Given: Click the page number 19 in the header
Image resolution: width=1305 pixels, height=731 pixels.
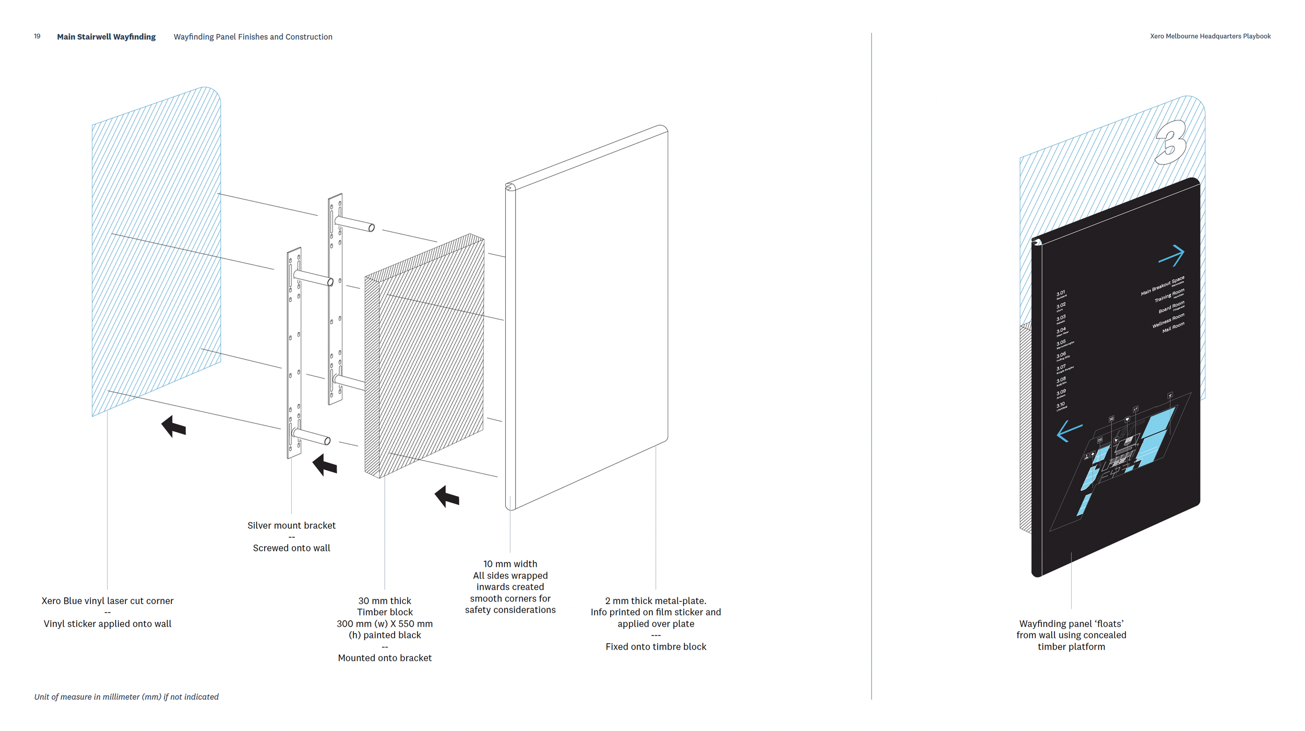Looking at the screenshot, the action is pos(37,37).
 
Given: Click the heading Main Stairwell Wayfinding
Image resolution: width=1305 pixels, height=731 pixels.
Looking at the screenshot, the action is pos(106,37).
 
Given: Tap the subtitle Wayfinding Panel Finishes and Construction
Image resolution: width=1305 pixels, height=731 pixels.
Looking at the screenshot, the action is pos(253,37).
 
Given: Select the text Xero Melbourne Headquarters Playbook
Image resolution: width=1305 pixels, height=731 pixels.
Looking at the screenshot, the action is pos(1210,36).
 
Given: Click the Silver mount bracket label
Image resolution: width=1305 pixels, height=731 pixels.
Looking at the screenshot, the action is pos(291,525).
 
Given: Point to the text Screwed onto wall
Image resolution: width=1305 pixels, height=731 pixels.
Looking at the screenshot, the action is pos(291,548).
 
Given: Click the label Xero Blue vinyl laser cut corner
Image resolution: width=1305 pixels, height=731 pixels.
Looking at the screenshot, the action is pos(108,600).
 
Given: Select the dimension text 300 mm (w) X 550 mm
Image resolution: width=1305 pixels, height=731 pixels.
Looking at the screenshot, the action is pos(385,623).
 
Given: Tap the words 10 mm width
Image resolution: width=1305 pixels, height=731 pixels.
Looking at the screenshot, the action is pos(510,564).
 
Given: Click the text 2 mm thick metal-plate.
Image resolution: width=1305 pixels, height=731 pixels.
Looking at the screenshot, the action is pos(656,600).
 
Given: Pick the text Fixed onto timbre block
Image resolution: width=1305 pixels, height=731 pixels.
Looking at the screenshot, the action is pos(656,646).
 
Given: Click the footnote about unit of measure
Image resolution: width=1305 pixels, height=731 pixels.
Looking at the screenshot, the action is pos(126,697).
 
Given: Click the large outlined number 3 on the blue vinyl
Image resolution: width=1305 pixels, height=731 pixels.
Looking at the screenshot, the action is pos(1171,143).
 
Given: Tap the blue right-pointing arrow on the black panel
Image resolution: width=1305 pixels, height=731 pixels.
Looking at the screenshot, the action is pos(1172,255).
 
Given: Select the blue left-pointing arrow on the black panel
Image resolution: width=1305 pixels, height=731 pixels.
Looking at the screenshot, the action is pos(1069,431).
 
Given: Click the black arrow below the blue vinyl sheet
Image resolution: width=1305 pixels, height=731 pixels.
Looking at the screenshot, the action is pos(174,427).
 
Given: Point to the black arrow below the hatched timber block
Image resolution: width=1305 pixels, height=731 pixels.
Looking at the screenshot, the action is pos(447,497).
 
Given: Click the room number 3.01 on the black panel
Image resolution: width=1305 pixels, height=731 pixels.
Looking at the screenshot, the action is pos(1061,293).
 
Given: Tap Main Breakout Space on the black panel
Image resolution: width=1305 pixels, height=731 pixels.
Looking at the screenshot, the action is pos(1162,286).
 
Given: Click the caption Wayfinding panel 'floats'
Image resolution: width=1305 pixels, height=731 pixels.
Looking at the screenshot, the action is pos(1071,623).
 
